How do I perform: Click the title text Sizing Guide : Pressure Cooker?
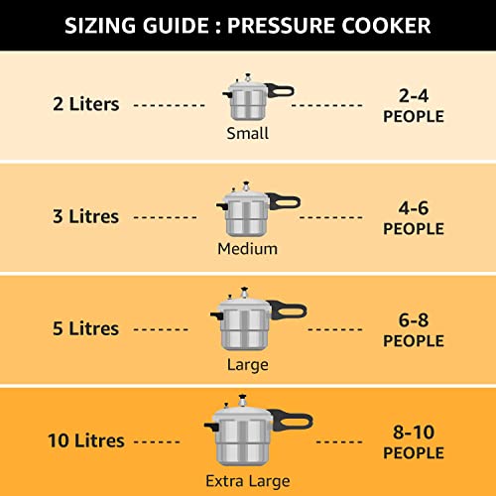click(247, 24)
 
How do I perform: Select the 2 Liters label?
click(86, 103)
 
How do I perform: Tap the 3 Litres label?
click(85, 216)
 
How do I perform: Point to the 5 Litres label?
click(85, 328)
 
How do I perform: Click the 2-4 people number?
click(414, 96)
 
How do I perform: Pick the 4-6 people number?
click(414, 208)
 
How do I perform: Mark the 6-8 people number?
click(414, 320)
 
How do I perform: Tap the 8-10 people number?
click(414, 433)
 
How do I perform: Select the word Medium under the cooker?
click(247, 248)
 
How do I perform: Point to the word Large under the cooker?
click(247, 364)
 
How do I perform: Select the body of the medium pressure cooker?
click(239, 219)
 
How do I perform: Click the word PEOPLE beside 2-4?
click(414, 117)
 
